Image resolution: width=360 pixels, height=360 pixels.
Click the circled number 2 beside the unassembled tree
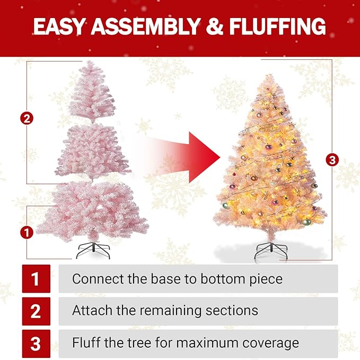[27, 118]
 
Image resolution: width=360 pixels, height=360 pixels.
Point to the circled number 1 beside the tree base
[27, 231]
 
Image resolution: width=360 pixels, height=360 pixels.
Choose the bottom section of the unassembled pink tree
[93, 209]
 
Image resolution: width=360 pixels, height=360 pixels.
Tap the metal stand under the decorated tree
[270, 250]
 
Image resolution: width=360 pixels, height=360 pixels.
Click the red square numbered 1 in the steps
[36, 279]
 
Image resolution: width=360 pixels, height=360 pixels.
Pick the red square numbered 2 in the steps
[36, 311]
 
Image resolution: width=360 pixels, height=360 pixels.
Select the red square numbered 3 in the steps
[36, 343]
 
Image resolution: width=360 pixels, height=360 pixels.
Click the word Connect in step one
[95, 278]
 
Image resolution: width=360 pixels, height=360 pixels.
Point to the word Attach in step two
[90, 310]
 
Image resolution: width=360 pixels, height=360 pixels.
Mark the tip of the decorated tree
[270, 76]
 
